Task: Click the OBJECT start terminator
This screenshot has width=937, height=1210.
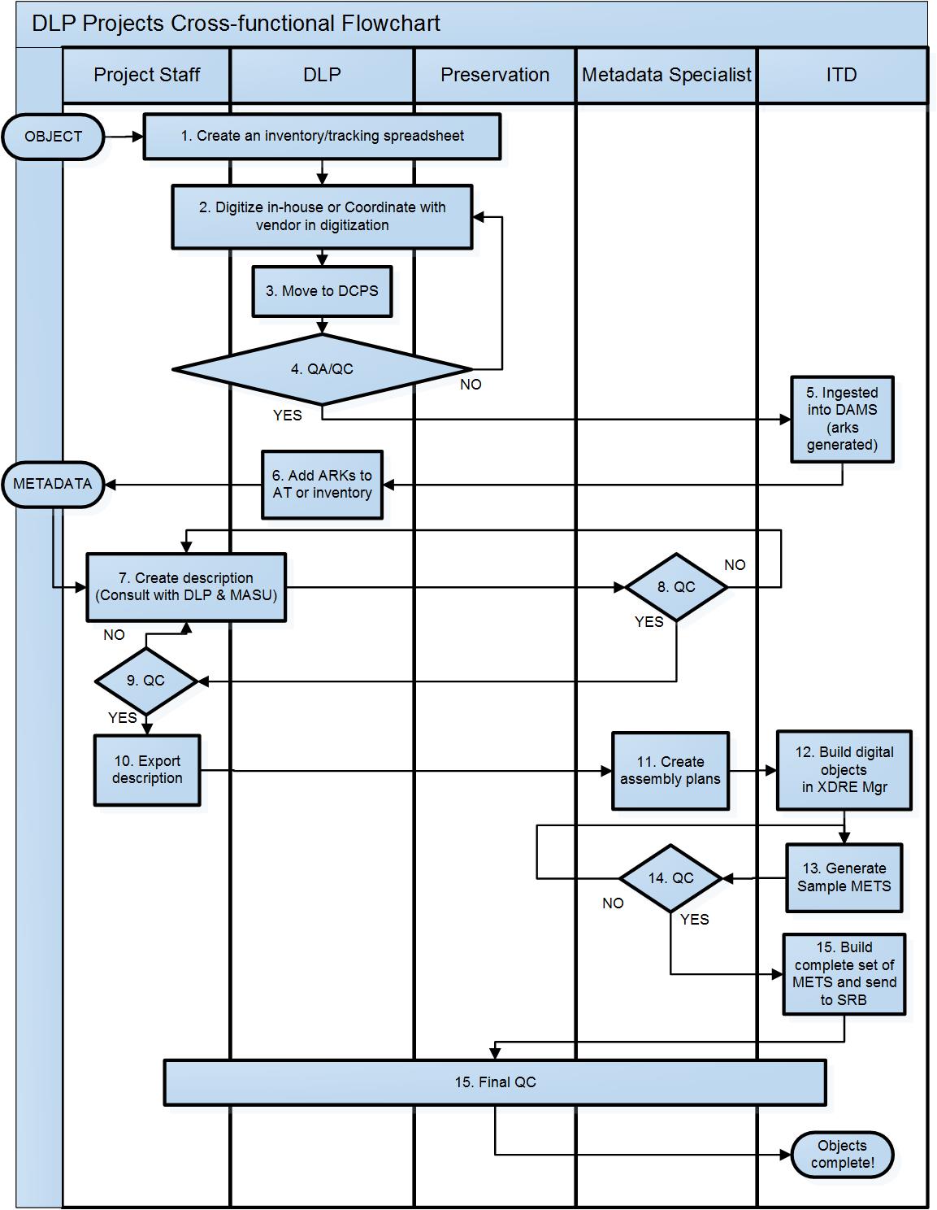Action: (x=53, y=137)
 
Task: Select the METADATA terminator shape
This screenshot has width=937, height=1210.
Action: (x=53, y=484)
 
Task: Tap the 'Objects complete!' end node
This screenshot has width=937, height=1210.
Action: (x=843, y=1154)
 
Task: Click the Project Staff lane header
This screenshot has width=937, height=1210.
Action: (x=146, y=75)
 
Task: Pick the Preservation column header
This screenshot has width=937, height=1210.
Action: (x=495, y=75)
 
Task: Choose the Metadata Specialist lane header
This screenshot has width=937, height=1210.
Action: (x=666, y=75)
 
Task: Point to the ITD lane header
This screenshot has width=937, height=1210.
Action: (x=841, y=75)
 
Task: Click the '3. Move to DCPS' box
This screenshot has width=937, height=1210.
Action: (x=322, y=291)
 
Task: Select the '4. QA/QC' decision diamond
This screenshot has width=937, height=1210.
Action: (x=322, y=369)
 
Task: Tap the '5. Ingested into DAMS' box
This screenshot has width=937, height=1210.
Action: (x=842, y=419)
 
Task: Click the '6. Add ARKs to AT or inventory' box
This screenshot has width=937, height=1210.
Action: (x=322, y=485)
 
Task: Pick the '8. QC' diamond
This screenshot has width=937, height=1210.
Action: (x=676, y=587)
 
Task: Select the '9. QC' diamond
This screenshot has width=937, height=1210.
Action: (x=146, y=681)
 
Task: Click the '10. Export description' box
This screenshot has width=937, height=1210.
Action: (x=147, y=770)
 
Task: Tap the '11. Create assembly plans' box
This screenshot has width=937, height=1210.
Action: (x=670, y=770)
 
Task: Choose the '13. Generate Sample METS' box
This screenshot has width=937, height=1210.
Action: (x=844, y=877)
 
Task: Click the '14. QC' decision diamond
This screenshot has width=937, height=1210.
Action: (x=671, y=878)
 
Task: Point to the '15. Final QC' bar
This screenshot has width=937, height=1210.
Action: (x=495, y=1082)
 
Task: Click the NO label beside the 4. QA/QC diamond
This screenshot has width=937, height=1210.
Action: (x=471, y=385)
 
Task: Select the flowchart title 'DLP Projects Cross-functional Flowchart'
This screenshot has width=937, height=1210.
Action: (x=236, y=24)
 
